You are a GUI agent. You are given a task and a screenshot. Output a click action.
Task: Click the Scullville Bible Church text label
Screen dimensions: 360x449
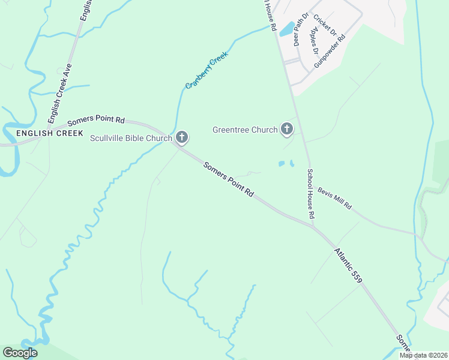[131, 139]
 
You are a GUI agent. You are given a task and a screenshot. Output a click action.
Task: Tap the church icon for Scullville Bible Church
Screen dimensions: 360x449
[182, 139]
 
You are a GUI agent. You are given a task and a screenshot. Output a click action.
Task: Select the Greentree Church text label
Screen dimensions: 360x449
[245, 130]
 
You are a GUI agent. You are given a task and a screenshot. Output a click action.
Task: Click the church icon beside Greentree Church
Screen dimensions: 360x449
[288, 129]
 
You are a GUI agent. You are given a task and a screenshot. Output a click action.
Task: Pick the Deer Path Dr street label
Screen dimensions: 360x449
[300, 30]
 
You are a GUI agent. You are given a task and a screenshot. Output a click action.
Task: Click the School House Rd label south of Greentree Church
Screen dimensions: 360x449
[310, 193]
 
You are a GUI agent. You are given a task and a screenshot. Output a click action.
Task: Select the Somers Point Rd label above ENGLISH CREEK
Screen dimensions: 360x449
[96, 121]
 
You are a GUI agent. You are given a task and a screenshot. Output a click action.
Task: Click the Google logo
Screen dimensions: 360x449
[20, 353]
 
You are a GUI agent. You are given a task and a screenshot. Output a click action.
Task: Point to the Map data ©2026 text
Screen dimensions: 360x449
[423, 355]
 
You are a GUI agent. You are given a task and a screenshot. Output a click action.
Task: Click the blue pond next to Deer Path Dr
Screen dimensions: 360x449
[288, 28]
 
